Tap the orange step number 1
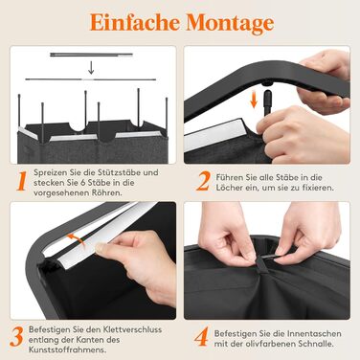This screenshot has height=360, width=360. (22, 181)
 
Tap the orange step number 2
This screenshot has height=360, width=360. (203, 181)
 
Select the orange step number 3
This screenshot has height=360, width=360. (16, 337)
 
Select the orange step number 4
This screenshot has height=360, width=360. (201, 337)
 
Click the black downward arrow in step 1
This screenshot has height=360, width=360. (91, 67)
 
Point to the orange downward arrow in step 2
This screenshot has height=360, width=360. (254, 100)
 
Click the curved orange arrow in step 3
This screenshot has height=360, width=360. (77, 238)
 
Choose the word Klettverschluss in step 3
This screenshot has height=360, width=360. (132, 329)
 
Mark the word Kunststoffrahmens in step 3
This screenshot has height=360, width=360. (68, 349)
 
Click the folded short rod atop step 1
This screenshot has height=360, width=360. (91, 55)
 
